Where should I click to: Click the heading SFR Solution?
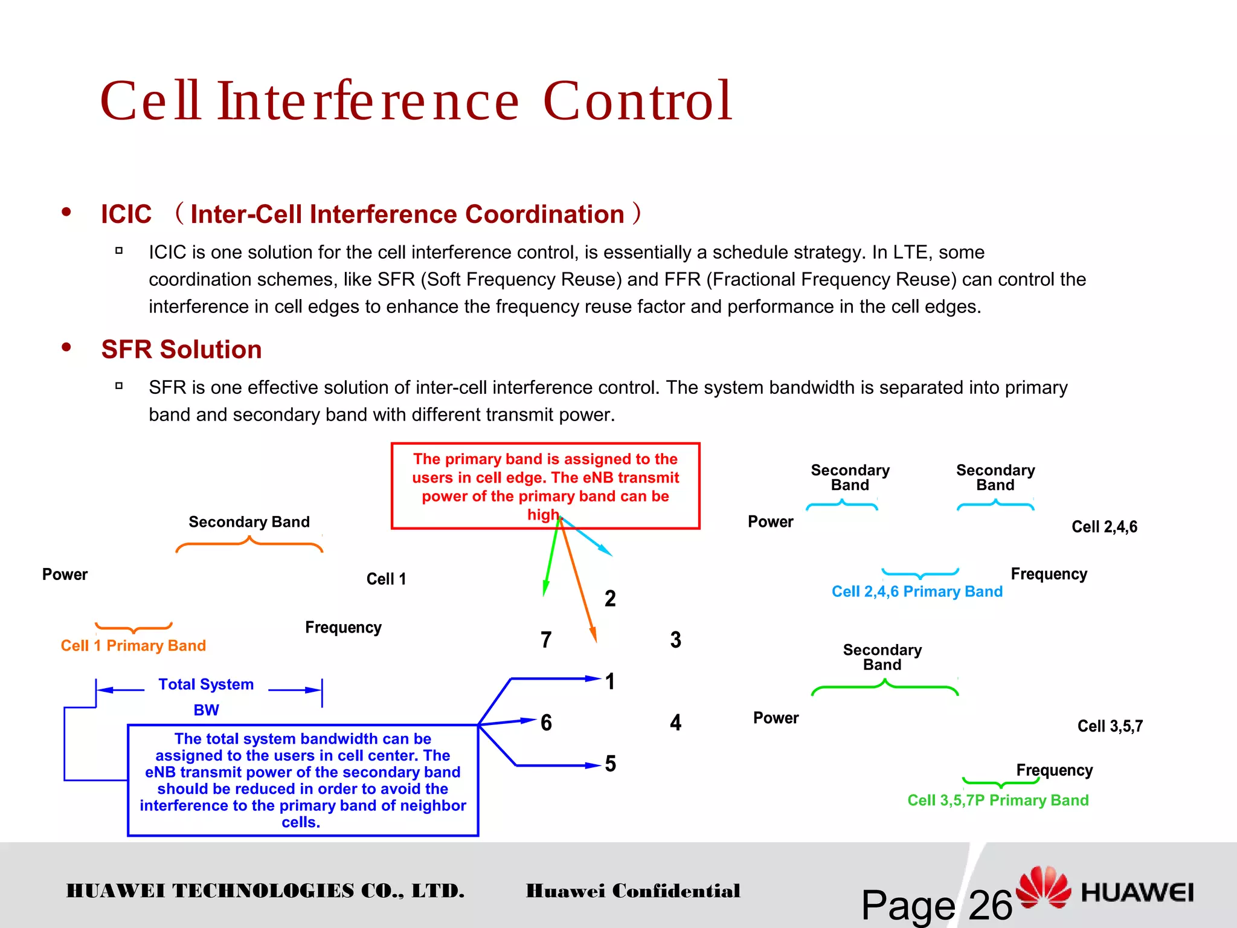(181, 349)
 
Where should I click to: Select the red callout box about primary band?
(545, 486)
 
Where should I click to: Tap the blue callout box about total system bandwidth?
(303, 779)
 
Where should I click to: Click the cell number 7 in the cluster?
(546, 639)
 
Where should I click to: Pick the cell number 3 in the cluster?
(675, 639)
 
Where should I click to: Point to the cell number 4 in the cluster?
(675, 722)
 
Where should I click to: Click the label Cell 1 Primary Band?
(133, 645)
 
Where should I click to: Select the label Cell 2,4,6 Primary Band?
(916, 591)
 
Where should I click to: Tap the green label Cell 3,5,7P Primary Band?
(997, 800)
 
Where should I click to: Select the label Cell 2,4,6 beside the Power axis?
(1104, 527)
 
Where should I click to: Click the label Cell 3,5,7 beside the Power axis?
(1110, 726)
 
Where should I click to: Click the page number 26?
(989, 905)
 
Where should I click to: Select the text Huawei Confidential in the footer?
(632, 891)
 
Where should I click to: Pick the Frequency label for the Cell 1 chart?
(343, 627)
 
